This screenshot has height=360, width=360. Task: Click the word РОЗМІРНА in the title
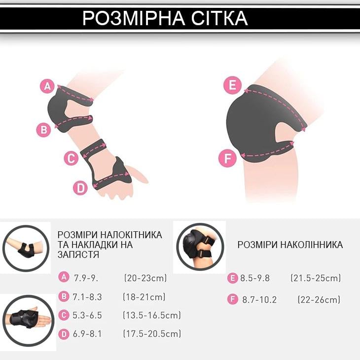click(x=134, y=18)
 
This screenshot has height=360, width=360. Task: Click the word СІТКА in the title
click(x=219, y=18)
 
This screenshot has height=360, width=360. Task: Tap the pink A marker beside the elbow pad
click(x=47, y=86)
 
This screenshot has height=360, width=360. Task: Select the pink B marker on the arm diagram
click(x=43, y=130)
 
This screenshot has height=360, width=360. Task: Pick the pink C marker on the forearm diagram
click(x=71, y=158)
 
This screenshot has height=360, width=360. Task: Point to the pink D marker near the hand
click(x=80, y=188)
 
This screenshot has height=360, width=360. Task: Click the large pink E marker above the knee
click(x=233, y=85)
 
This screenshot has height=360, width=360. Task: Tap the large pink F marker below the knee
click(x=227, y=158)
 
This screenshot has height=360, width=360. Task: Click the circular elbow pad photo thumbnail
click(x=26, y=249)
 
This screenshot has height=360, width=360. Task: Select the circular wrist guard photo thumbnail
click(x=28, y=321)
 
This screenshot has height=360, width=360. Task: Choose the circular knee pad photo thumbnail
click(x=200, y=247)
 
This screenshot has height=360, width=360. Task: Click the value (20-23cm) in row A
click(x=145, y=278)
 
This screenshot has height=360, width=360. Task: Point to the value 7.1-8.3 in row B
click(x=87, y=297)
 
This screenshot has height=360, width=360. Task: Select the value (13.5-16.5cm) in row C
click(x=152, y=315)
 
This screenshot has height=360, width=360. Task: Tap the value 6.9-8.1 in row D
click(x=87, y=334)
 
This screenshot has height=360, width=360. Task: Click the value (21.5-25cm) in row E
click(x=316, y=278)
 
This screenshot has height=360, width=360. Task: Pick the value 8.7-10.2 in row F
click(x=259, y=300)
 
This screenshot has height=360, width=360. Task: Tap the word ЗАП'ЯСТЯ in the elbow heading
click(x=78, y=254)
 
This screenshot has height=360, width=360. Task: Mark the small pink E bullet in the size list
click(x=233, y=278)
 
